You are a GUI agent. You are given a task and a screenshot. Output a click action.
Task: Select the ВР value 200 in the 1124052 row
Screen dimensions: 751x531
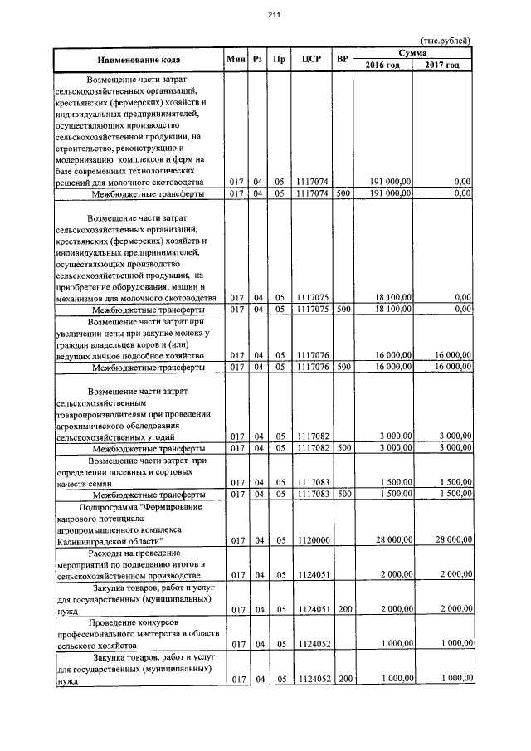[345, 678]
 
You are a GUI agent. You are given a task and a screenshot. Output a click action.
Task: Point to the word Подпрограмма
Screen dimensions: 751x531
[108, 505]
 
